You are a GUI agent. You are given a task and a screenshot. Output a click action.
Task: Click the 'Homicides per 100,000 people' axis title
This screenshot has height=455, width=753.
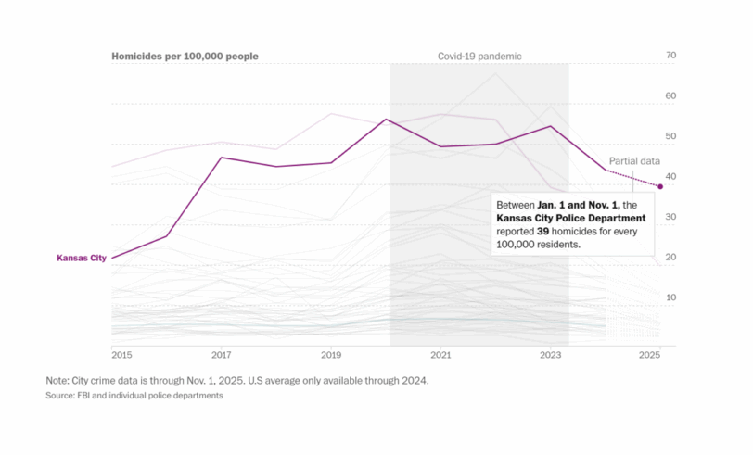pyautogui.click(x=185, y=57)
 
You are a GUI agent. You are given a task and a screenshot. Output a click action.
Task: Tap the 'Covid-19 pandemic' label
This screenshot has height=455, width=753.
pyautogui.click(x=479, y=57)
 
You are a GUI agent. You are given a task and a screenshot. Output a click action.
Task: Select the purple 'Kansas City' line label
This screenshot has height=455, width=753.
pyautogui.click(x=82, y=258)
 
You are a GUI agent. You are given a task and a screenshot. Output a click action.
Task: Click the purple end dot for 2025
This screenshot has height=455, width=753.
pyautogui.click(x=660, y=186)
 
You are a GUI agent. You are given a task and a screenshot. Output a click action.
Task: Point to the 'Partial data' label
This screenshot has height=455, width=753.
pyautogui.click(x=633, y=161)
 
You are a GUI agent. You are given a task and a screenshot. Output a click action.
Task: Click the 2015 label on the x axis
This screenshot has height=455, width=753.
pyautogui.click(x=121, y=355)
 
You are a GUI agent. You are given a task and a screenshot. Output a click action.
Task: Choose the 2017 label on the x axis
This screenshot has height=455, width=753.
pyautogui.click(x=223, y=355)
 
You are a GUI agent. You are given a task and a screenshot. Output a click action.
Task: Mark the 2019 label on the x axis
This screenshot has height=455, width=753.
pyautogui.click(x=332, y=355)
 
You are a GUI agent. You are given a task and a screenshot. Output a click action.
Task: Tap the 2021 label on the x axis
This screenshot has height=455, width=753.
pyautogui.click(x=441, y=355)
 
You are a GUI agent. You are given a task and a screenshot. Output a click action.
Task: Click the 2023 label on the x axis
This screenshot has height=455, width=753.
pyautogui.click(x=551, y=355)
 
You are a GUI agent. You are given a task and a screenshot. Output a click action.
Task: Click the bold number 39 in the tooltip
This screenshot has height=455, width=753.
pyautogui.click(x=544, y=232)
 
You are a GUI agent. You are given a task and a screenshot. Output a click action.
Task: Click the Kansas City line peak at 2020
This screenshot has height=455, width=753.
pyautogui.click(x=386, y=120)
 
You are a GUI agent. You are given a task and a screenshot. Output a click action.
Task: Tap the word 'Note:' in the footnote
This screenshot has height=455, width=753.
pyautogui.click(x=57, y=381)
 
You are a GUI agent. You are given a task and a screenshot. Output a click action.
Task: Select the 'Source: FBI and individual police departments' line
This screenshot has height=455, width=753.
pyautogui.click(x=134, y=396)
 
